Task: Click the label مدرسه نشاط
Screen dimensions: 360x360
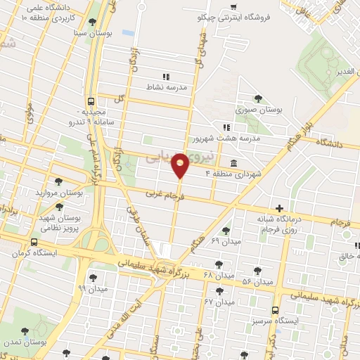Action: coord(165,86)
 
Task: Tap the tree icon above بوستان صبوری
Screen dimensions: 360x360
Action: coord(258,98)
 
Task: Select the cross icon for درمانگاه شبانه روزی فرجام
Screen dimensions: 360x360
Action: coord(280,208)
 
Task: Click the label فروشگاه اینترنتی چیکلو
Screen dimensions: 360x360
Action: coord(255,18)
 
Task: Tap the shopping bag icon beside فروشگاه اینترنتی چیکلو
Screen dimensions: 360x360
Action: coord(233,8)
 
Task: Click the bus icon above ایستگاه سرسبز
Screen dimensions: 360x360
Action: coord(275,309)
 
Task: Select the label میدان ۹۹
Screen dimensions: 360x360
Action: coord(93,288)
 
